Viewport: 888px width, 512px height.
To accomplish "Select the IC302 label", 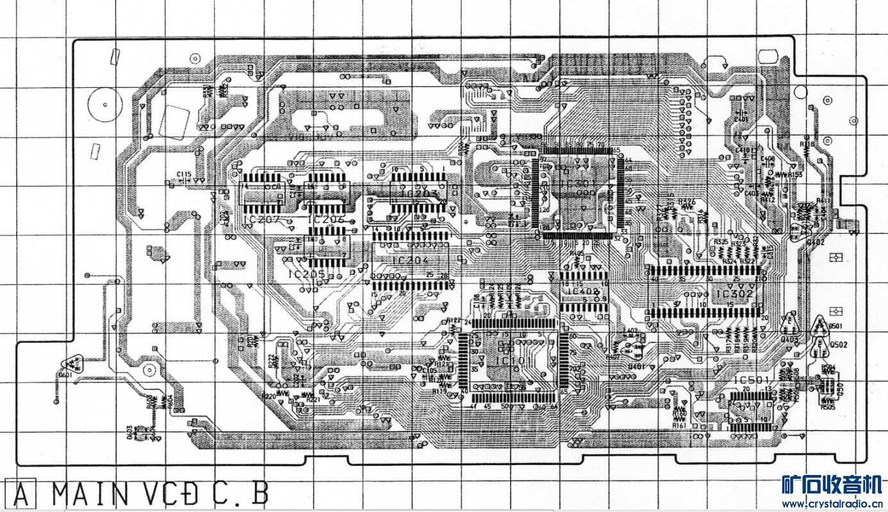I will [734, 294].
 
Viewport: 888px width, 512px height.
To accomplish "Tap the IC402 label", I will [582, 291].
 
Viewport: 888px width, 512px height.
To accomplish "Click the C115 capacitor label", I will [184, 174].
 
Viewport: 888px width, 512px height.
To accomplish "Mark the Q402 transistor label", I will [815, 242].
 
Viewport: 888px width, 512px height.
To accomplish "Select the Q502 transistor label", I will [839, 345].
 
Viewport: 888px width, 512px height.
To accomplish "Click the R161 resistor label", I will [679, 425].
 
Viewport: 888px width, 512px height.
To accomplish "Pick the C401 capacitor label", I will [741, 119].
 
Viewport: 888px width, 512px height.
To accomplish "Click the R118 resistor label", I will [807, 145].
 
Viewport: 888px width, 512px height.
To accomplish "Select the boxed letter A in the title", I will [21, 495].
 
